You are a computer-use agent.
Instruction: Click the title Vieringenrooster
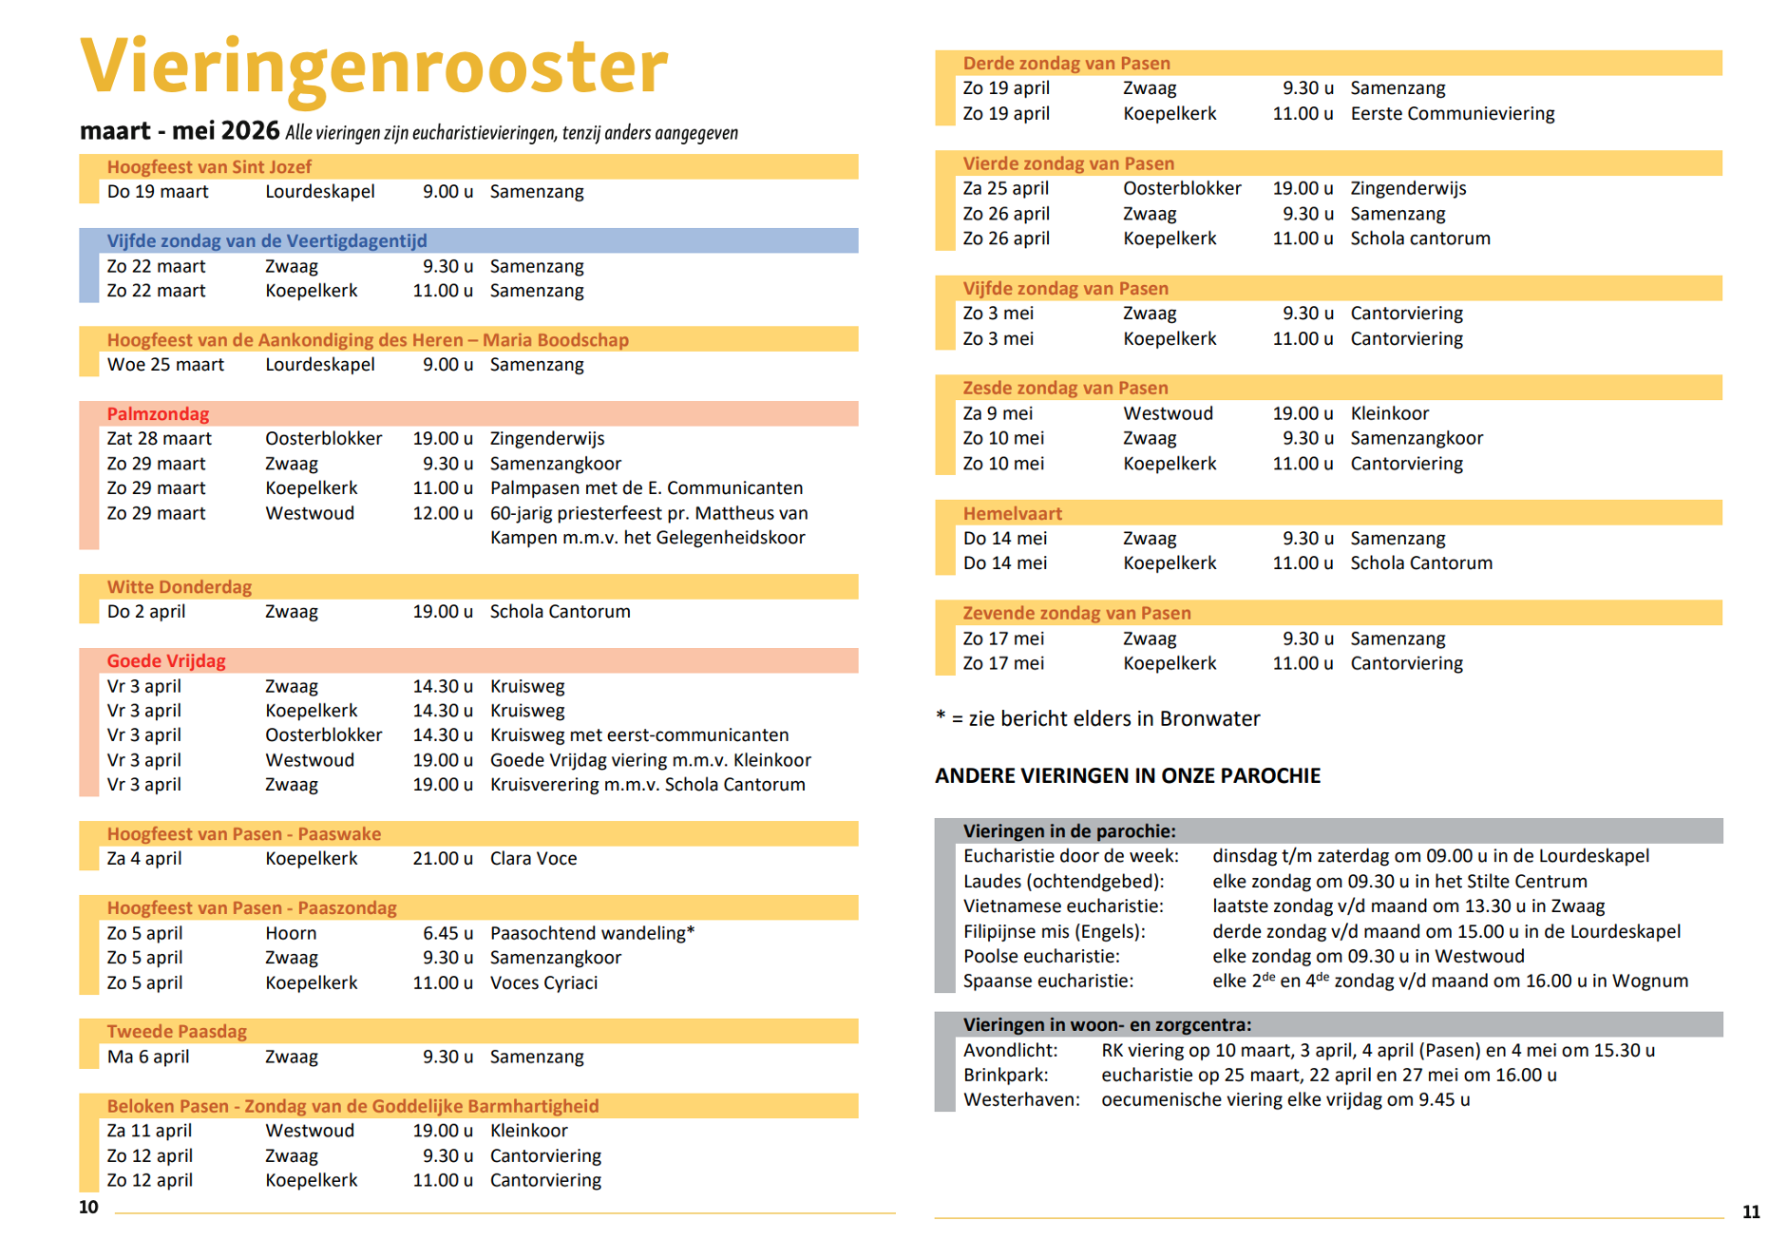[x=374, y=67]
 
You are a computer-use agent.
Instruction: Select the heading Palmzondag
[x=158, y=414]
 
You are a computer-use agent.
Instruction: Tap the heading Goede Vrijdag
[x=166, y=661]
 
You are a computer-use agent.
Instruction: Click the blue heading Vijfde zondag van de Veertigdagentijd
[x=267, y=241]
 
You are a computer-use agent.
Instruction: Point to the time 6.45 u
[x=447, y=933]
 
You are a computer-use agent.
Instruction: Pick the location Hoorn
[x=291, y=933]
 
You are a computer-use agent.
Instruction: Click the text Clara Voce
[x=533, y=859]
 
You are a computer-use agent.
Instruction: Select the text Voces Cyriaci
[x=543, y=982]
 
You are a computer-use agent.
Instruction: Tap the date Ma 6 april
[x=148, y=1057]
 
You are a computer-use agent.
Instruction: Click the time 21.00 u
[x=443, y=859]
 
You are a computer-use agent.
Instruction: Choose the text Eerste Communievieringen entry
[x=1452, y=114]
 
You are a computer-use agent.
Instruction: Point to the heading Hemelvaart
[x=1012, y=514]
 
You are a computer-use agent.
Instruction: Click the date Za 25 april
[x=1005, y=188]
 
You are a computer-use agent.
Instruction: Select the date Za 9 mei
[x=998, y=413]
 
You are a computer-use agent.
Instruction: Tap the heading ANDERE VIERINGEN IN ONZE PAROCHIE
[x=1128, y=776]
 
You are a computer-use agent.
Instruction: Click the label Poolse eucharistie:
[x=1041, y=956]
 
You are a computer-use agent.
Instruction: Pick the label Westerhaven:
[x=1021, y=1100]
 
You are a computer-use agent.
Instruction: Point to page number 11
[x=1751, y=1212]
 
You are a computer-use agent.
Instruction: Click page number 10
[x=88, y=1208]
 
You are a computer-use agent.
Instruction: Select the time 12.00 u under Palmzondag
[x=443, y=513]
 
